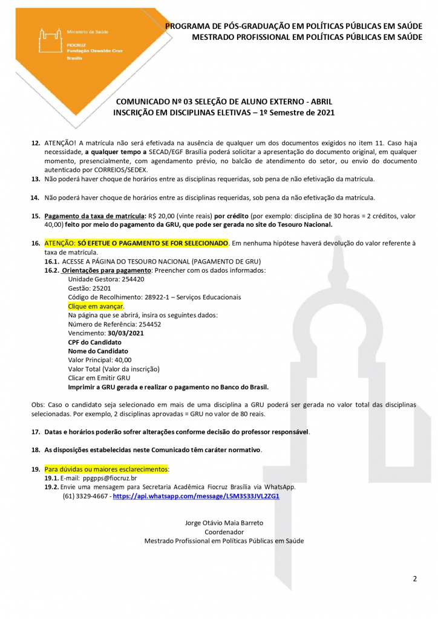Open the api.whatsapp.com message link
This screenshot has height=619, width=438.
tap(196, 496)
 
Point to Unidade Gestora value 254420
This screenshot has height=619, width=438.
tap(131, 279)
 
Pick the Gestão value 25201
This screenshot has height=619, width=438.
tap(98, 288)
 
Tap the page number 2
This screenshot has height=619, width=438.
tap(415, 579)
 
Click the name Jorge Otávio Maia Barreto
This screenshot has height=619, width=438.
tap(224, 523)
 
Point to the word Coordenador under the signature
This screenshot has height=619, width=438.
tap(224, 532)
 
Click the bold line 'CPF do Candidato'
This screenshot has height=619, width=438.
tap(94, 342)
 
